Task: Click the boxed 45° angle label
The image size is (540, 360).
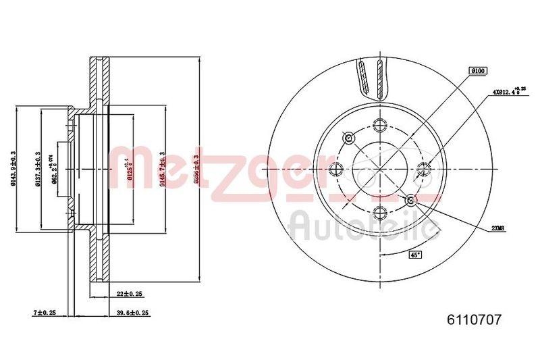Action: click(416, 255)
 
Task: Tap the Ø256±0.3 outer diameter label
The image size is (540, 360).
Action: click(196, 168)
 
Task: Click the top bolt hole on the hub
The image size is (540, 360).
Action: click(379, 126)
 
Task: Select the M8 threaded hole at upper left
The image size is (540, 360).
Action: click(349, 138)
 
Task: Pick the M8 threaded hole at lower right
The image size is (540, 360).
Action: click(410, 199)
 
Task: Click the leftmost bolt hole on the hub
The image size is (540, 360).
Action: click(336, 169)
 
